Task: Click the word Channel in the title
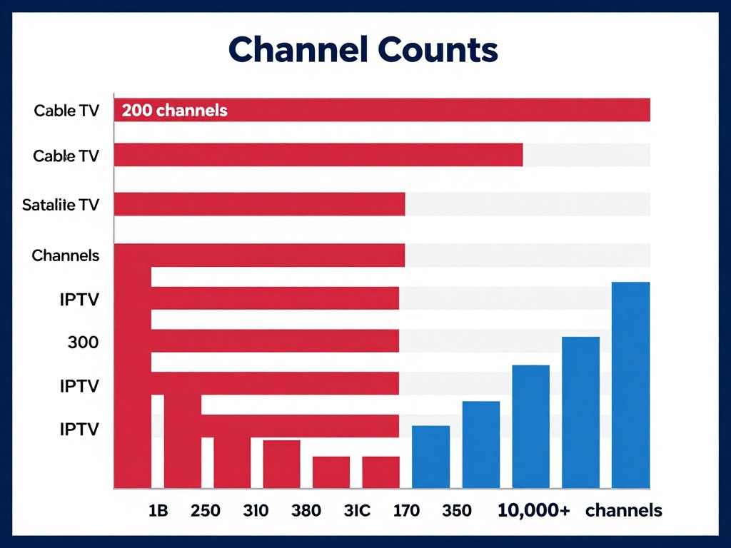click(x=294, y=51)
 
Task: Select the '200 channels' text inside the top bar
click(x=175, y=111)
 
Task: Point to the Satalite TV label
click(x=61, y=205)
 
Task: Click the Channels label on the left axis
click(x=66, y=255)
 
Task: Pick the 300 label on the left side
click(x=83, y=342)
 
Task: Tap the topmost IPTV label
click(x=79, y=300)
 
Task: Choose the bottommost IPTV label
click(x=79, y=430)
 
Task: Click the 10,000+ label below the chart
click(x=533, y=511)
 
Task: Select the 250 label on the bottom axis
click(x=206, y=511)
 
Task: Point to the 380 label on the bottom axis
click(x=306, y=511)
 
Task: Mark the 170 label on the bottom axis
click(x=406, y=511)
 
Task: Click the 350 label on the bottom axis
click(x=457, y=511)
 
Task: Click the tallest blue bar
click(x=631, y=385)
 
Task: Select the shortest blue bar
click(x=431, y=457)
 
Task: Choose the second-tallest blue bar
click(x=581, y=412)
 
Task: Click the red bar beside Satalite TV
click(x=259, y=204)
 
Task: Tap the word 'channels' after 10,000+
click(x=623, y=511)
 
